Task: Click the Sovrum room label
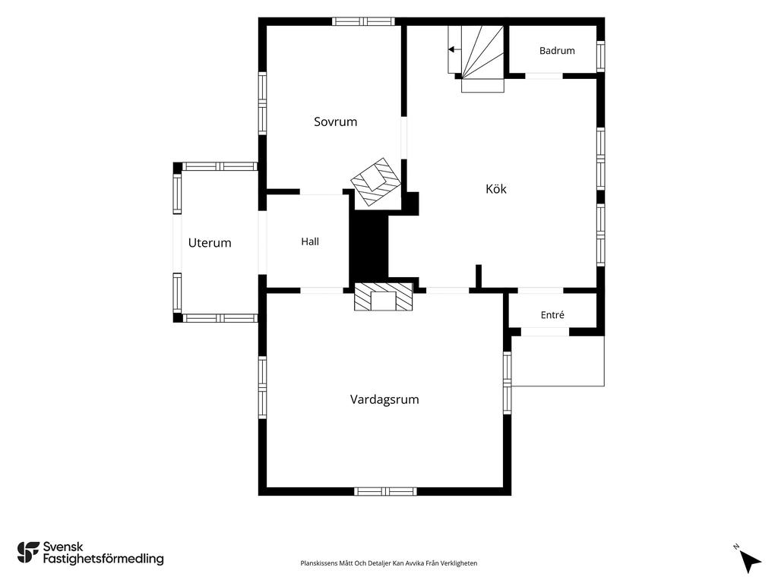pos(335,121)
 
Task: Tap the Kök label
pos(495,189)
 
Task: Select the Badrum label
pos(557,51)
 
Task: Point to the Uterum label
pos(210,243)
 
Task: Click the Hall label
pos(310,241)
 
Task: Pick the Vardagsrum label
pos(384,399)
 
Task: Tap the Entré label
pos(552,315)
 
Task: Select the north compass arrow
pos(750,561)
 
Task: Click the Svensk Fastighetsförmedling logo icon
pos(28,553)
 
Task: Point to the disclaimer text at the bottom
pos(388,563)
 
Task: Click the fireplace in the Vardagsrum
pos(383,297)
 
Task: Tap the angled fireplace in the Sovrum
pos(375,182)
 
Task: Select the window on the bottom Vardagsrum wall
pos(385,491)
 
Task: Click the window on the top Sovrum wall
pos(363,21)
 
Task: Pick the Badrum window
pos(600,56)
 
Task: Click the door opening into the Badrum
pos(544,76)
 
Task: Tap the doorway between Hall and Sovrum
pos(321,192)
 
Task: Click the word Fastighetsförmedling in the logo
pos(103,559)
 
